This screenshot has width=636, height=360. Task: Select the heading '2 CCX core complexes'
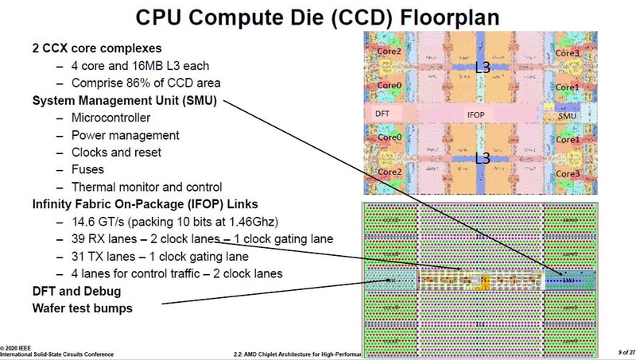click(x=98, y=48)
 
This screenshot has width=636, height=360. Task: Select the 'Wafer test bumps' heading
click(x=83, y=308)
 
